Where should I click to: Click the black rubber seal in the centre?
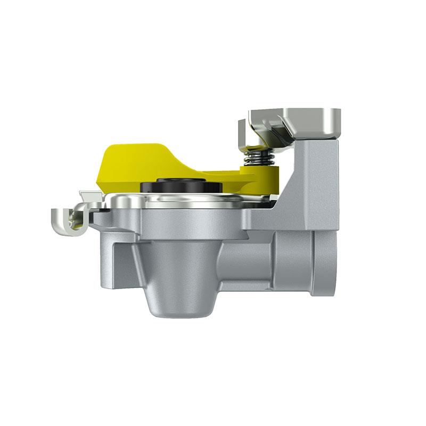click(181, 187)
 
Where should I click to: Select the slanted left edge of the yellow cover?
click(101, 170)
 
